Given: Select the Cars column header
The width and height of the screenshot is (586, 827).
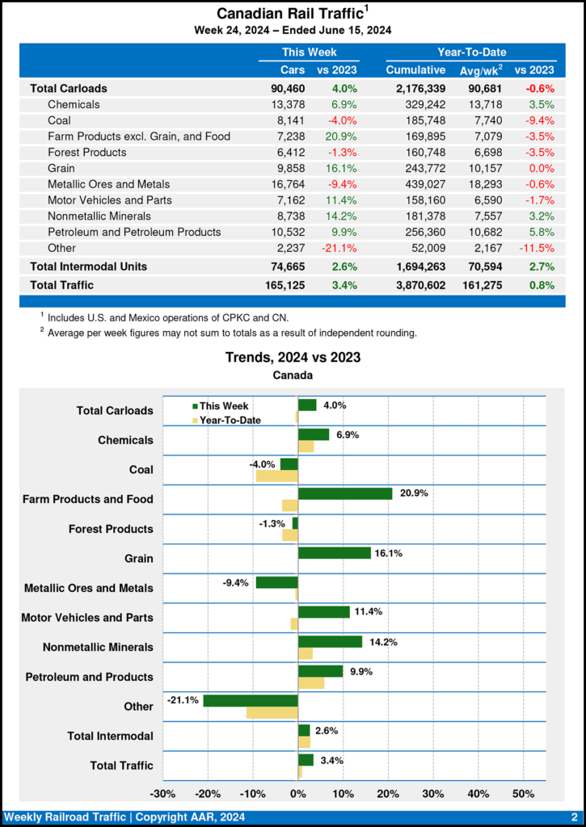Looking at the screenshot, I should coord(293,70).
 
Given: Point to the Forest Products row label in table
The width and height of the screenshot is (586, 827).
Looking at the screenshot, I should coord(86,152).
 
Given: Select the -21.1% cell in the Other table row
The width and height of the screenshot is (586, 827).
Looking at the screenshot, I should coord(339,248).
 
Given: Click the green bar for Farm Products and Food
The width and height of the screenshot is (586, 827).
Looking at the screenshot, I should coord(345,493).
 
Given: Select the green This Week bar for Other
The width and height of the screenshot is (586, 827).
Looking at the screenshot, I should coord(251,700).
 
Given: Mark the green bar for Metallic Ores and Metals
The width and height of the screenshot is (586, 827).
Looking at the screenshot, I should coord(276,582).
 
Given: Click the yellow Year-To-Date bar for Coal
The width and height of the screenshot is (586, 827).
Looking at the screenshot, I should coord(277,476).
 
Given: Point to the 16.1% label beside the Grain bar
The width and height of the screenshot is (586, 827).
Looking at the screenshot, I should coord(387,553).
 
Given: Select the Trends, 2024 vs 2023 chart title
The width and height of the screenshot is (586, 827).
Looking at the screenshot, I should coord(293,357).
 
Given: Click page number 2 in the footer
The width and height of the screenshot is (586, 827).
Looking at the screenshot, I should coord(574,817).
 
